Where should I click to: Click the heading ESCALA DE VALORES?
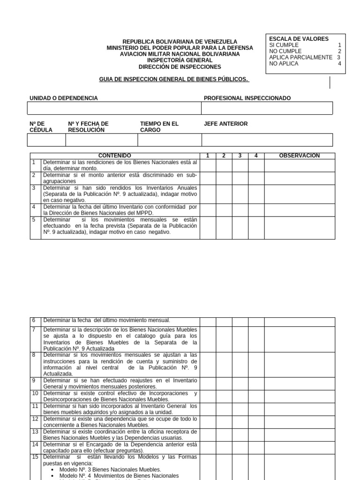tap(299, 39)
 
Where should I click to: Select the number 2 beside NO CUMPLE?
tap(340, 51)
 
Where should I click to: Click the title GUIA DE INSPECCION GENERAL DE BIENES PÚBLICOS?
tap(174, 80)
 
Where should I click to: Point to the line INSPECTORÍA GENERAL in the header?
tap(180, 60)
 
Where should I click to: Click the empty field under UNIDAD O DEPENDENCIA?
tap(114, 108)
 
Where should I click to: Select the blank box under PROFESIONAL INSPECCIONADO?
tap(267, 108)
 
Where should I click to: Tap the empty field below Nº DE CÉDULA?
tap(46, 140)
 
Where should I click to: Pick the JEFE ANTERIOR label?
tap(226, 124)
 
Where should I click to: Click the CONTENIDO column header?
tap(115, 156)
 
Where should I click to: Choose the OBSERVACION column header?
tap(299, 156)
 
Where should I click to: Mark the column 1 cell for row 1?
tap(208, 165)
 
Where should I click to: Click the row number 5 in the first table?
tap(34, 219)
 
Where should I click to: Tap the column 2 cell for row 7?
tap(224, 339)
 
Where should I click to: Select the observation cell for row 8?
tap(300, 364)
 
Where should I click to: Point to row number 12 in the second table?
tap(35, 419)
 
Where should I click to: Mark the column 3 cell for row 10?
tap(240, 396)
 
